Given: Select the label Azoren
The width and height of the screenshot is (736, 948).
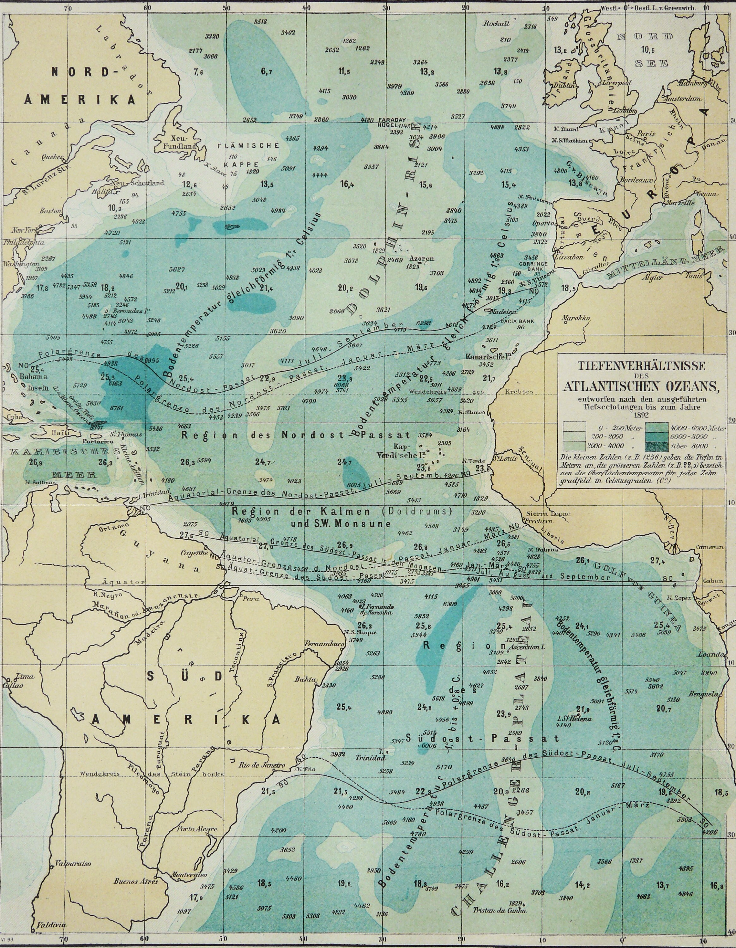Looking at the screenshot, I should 421,259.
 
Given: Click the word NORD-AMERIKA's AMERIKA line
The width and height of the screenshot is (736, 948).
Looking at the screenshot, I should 80,100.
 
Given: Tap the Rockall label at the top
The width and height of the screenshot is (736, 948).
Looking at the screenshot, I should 497,24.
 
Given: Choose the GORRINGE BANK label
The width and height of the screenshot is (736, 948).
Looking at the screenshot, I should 533,266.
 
